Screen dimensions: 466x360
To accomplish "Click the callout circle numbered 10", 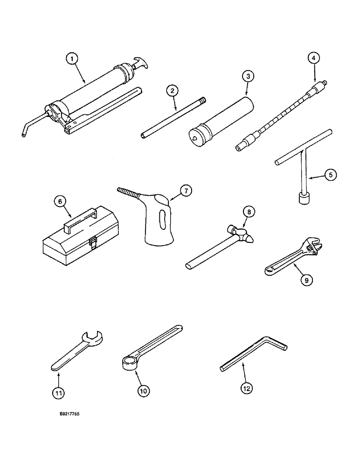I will (143, 391).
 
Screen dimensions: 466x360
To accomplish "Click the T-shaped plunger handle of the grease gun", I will (139, 63).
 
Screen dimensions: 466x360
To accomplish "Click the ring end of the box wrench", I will (127, 363).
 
